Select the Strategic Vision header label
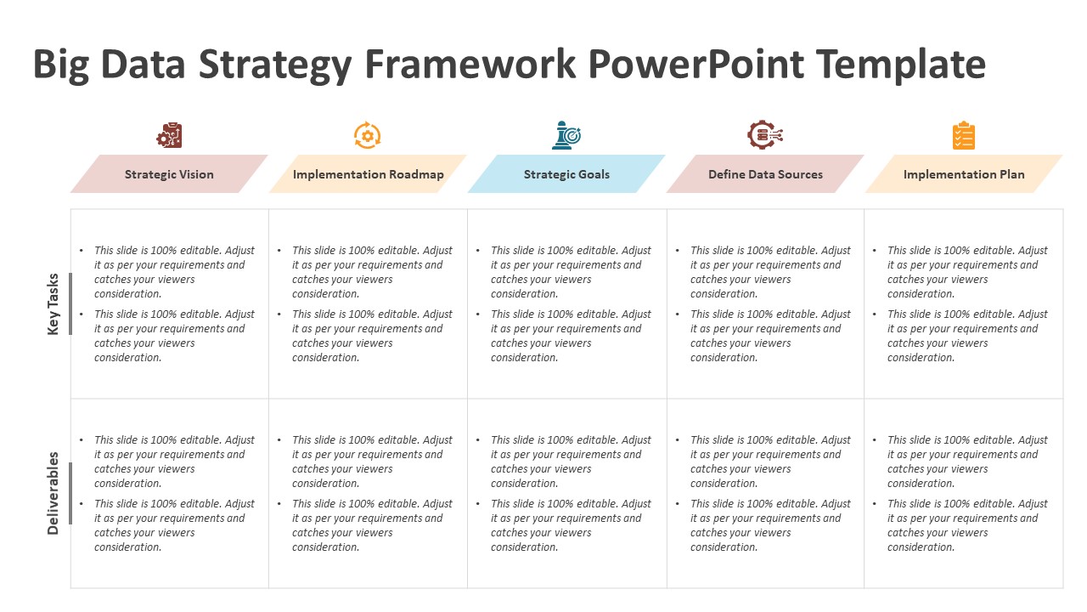169,174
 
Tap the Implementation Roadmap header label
368,174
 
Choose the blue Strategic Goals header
566,174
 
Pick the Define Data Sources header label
765,174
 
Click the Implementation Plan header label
964,174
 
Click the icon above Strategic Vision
169,135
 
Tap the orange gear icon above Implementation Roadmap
368,135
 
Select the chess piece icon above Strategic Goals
566,135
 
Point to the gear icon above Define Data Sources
764,135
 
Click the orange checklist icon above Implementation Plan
964,136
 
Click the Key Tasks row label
54,303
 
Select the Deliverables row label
54,493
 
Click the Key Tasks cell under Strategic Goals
566,303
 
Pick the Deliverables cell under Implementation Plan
964,493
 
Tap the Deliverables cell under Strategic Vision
170,493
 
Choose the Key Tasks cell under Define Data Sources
765,303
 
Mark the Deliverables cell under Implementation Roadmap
368,493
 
